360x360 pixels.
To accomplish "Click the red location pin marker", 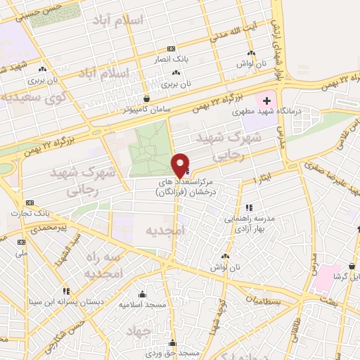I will tap(181, 165).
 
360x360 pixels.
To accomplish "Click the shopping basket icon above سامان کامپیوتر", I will tap(146, 99).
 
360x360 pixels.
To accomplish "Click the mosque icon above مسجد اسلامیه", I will tap(143, 294).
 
